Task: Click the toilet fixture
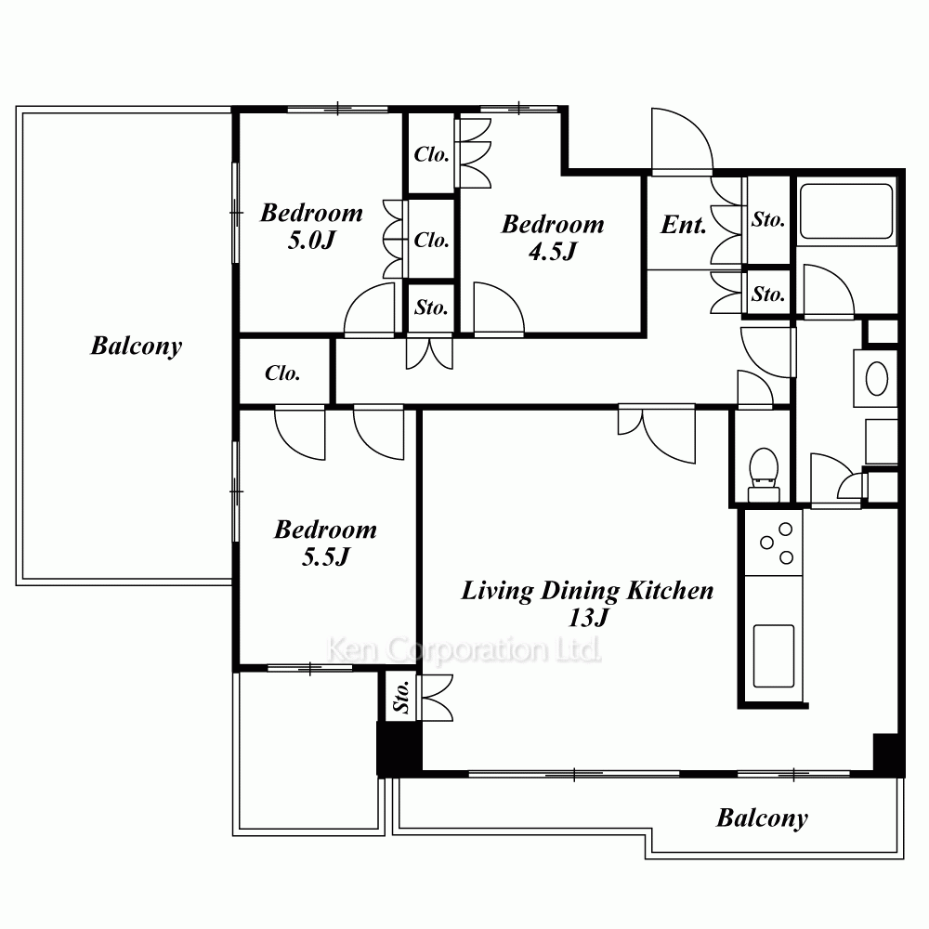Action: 764,475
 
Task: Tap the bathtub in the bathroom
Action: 846,211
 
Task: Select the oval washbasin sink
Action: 877,378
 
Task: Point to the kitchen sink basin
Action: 774,656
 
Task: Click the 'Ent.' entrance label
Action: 684,225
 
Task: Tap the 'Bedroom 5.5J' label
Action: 325,543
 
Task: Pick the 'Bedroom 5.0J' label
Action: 311,227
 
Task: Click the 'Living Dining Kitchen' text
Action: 587,591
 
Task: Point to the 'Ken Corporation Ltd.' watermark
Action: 464,649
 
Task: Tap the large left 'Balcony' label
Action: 137,346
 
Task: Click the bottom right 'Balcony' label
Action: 762,818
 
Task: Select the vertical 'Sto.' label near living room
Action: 401,697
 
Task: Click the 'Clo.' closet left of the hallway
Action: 282,373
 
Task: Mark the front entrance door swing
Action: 681,141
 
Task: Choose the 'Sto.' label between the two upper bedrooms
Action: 431,307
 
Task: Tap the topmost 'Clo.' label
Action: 431,154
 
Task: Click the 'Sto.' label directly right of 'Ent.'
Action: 768,220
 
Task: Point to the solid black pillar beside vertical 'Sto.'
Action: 399,748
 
